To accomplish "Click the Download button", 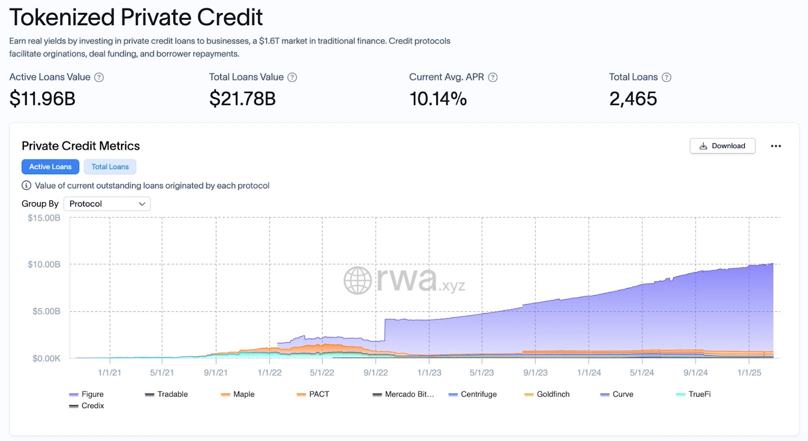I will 722,146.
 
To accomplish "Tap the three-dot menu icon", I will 776,146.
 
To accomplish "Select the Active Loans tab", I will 50,167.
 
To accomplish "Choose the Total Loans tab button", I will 110,167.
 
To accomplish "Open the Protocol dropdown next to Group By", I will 107,204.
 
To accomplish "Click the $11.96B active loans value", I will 42,99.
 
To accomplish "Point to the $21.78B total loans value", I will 242,99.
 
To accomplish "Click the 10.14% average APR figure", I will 438,99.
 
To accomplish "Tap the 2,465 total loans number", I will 633,99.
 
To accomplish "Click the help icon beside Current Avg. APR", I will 493,77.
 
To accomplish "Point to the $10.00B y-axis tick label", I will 44,264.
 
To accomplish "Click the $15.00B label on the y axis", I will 44,218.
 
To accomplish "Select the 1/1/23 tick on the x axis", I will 429,372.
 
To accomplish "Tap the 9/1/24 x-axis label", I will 695,372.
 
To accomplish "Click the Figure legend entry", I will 87,394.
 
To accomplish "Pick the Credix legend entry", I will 87,406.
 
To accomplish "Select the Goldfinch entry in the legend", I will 547,394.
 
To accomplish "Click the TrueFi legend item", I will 693,394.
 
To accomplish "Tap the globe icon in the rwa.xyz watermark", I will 358,280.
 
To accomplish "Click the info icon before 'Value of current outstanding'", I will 27,185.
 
